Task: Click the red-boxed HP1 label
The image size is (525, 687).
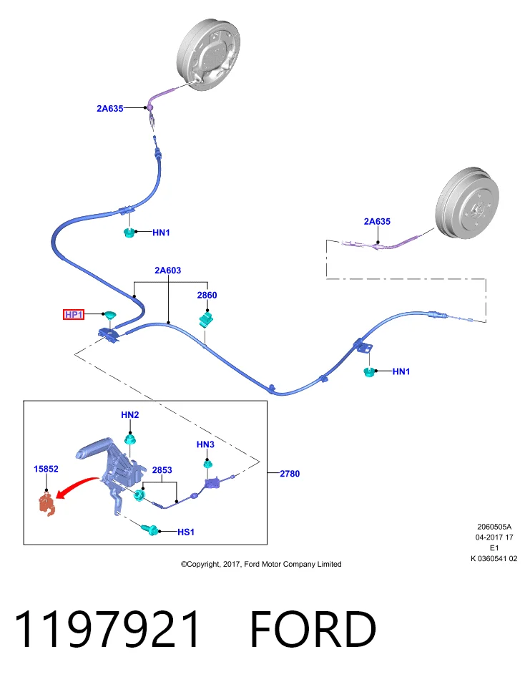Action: click(x=74, y=315)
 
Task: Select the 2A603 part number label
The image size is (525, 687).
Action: click(x=167, y=271)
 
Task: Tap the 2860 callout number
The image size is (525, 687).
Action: click(x=207, y=296)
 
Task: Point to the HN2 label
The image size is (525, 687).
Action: click(x=130, y=414)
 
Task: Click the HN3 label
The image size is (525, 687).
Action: click(x=205, y=444)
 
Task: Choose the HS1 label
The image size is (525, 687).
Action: click(x=186, y=532)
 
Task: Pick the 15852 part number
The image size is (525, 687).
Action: click(x=46, y=469)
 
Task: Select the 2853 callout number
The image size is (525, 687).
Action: click(x=162, y=470)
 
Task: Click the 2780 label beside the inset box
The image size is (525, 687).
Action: click(x=290, y=474)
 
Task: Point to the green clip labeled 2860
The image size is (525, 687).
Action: click(x=206, y=318)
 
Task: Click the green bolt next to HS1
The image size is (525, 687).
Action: click(x=149, y=529)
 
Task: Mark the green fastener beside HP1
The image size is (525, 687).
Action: click(x=109, y=315)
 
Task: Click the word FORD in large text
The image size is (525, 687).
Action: click(x=313, y=629)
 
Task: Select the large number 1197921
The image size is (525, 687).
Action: click(x=108, y=629)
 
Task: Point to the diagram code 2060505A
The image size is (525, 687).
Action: click(x=494, y=527)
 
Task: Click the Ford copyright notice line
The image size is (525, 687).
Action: click(x=261, y=565)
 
